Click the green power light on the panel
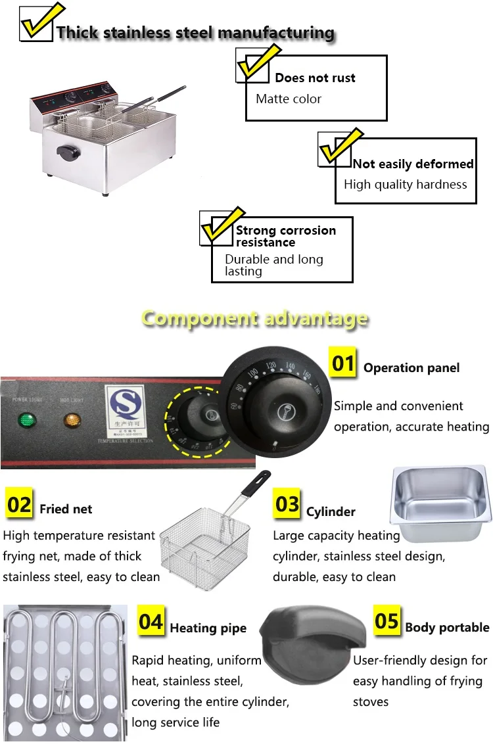26,419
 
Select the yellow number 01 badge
342,363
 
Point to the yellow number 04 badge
151,621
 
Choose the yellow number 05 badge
387,621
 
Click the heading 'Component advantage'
254,319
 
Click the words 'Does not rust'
315,78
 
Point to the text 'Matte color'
289,99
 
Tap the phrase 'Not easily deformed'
413,164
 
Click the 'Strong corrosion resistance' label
285,236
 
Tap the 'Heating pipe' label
208,628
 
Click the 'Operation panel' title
411,368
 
